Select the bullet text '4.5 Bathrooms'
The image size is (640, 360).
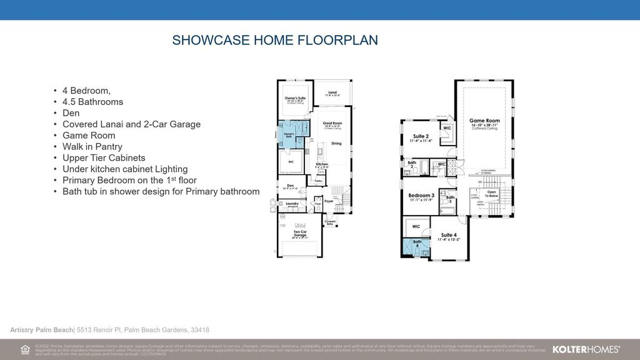[x=92, y=102]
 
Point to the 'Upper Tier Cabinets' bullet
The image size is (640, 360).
[x=104, y=158]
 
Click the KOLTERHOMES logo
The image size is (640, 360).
[x=586, y=349]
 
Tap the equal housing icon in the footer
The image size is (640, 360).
[x=25, y=349]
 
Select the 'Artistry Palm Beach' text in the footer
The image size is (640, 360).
[x=41, y=330]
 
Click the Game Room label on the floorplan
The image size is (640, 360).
[x=484, y=121]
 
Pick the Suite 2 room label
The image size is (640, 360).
[x=420, y=136]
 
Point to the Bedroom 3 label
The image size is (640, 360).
[x=421, y=196]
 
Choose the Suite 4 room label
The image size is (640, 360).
[x=449, y=235]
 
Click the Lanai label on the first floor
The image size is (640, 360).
[x=332, y=92]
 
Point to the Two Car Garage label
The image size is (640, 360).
[x=300, y=234]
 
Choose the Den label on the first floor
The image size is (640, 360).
[x=291, y=186]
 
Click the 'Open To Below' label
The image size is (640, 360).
[x=491, y=193]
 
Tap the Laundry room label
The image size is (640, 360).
[x=291, y=203]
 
